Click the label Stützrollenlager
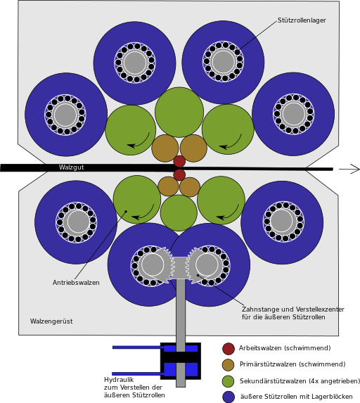(x=302, y=20)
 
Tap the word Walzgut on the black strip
(x=72, y=167)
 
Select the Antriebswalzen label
(x=76, y=283)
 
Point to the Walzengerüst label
(x=51, y=321)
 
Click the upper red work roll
(x=179, y=161)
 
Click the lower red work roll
(x=179, y=174)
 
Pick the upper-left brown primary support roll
(x=165, y=148)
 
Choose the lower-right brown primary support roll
(x=190, y=187)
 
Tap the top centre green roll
(x=179, y=112)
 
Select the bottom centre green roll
(x=179, y=213)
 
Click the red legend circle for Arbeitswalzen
(x=229, y=349)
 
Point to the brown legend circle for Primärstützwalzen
(x=229, y=365)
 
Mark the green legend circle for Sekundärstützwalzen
(x=229, y=381)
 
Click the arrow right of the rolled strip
(x=349, y=169)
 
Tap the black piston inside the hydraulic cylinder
(x=181, y=357)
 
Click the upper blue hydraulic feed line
(x=139, y=347)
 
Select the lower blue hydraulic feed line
(x=139, y=373)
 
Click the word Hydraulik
(x=119, y=380)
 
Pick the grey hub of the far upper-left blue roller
(x=65, y=115)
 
